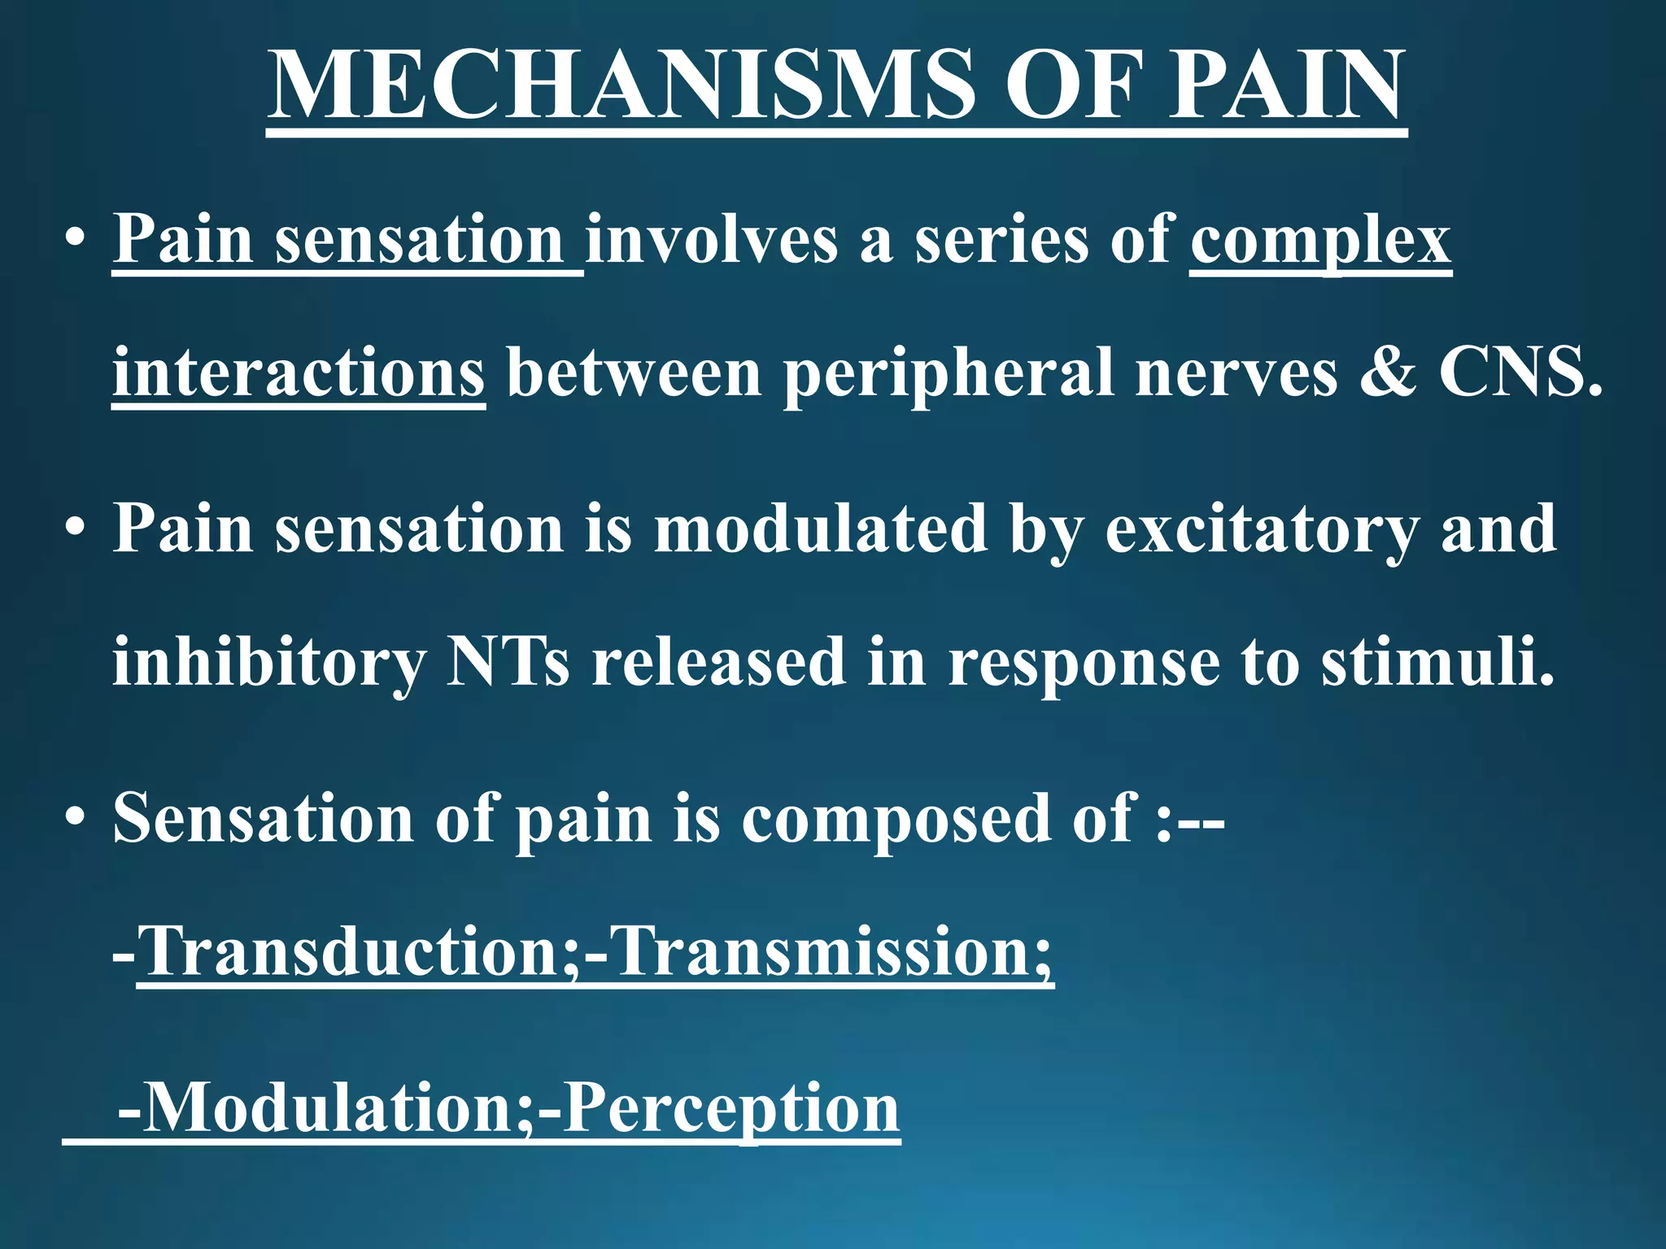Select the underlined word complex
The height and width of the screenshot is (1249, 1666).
coord(1320,241)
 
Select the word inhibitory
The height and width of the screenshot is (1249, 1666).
coord(268,663)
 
